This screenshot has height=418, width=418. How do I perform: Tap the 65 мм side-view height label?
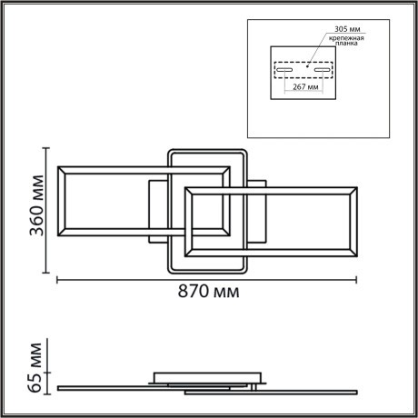[x=35, y=365]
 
